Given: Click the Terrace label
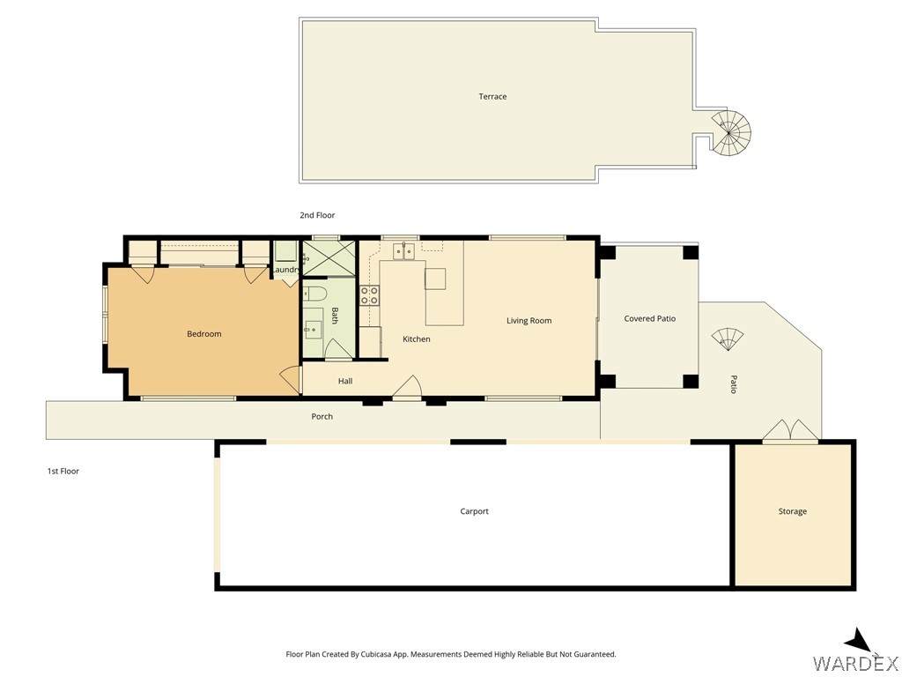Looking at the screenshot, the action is [x=492, y=96].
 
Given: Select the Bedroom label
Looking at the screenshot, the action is [x=204, y=334].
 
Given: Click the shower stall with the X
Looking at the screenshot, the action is [x=329, y=258].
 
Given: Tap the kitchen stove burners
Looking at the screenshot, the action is [x=369, y=296].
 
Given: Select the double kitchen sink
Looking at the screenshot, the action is [x=403, y=251].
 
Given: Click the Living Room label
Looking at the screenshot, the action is [x=529, y=321].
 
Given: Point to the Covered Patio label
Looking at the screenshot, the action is [x=649, y=318].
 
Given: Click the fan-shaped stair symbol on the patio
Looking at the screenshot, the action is [x=727, y=338].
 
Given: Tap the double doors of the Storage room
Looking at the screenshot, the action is [x=790, y=431].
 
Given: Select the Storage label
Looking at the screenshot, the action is [x=792, y=511].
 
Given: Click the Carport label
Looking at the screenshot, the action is [x=474, y=511].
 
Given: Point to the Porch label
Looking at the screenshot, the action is [x=322, y=416].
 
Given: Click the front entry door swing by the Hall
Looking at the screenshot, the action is [x=408, y=386].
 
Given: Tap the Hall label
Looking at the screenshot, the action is [x=345, y=381].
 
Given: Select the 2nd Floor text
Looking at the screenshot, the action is [x=317, y=215].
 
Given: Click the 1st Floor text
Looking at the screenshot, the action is [x=63, y=471].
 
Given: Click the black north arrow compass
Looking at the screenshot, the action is [x=861, y=641].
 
